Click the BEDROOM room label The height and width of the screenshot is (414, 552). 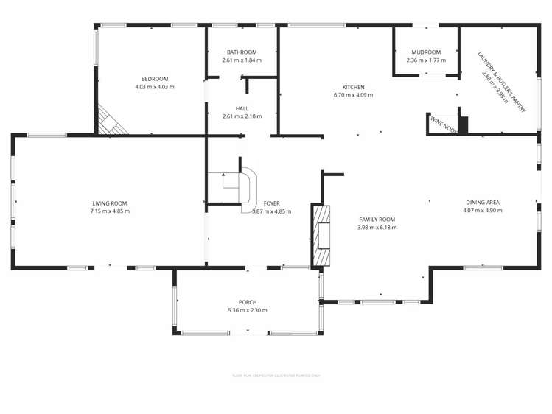[x=155, y=79]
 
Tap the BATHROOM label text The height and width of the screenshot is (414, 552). [x=241, y=52]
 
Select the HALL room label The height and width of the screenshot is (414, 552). [x=241, y=108]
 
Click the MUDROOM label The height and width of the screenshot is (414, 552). [x=427, y=52]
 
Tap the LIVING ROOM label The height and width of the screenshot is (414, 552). [x=110, y=203]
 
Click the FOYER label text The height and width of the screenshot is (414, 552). [x=271, y=203]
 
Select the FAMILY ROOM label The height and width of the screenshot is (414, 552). [x=377, y=220]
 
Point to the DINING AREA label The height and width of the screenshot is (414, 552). [x=483, y=202]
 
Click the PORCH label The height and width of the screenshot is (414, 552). [x=247, y=302]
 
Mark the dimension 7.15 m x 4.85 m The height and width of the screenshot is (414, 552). [x=110, y=211]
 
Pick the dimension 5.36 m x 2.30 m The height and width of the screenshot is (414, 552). [x=247, y=310]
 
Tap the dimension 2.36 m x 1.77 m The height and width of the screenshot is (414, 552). [x=427, y=60]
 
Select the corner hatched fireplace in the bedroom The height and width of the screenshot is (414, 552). [x=109, y=121]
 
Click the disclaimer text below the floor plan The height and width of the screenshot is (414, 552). [x=276, y=375]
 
